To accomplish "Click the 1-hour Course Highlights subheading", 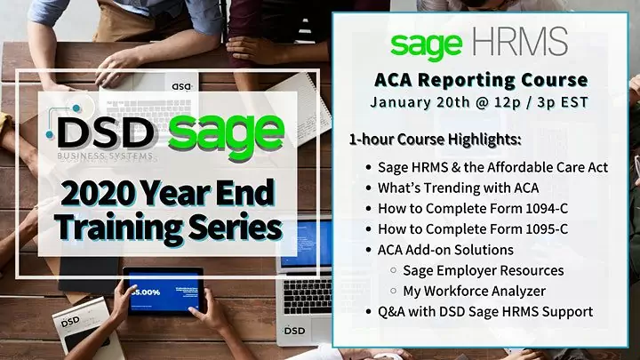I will pos(436,140).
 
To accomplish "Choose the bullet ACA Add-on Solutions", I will pos(445,250).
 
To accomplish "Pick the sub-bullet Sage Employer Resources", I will pos(483,270).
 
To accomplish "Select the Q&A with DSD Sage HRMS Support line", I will pos(484,312).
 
